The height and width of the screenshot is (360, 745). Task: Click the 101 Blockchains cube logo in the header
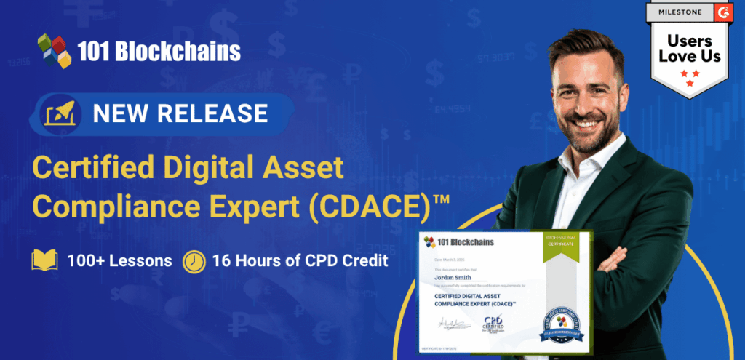pos(56,50)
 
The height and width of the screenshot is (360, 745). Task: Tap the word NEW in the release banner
pos(123,113)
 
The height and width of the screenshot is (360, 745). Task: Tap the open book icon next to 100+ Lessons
pos(44,260)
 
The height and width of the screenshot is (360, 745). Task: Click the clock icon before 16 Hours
pos(194,260)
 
